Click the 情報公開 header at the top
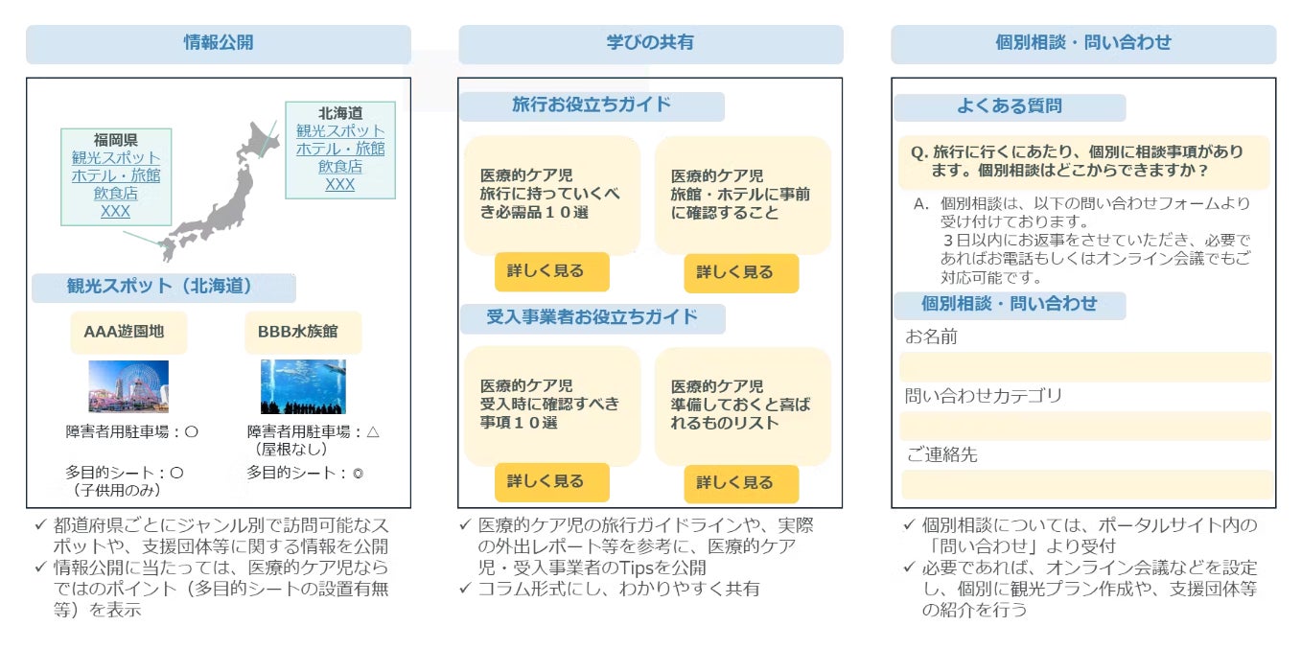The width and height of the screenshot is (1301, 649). pos(219,43)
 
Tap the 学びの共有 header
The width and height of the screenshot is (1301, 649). pos(650,43)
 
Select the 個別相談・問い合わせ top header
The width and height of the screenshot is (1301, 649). pos(1083,43)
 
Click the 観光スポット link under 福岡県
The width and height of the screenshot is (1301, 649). pos(116,158)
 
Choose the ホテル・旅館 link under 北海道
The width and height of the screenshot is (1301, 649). pos(339,149)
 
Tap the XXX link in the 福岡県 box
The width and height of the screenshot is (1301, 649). pos(115,212)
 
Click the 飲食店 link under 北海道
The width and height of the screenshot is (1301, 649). pos(339,167)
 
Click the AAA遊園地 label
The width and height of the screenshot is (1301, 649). pos(125,333)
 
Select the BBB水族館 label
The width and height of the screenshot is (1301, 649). pos(297,333)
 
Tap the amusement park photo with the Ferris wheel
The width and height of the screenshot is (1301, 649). pos(128,386)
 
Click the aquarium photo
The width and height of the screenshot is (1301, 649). pos(303,386)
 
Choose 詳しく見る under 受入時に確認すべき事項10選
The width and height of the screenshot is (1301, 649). pos(551,482)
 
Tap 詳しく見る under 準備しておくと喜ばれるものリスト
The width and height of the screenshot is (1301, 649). pos(740,483)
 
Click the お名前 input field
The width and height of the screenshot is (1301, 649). pos(1084,367)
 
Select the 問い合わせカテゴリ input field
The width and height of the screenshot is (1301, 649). pos(1084,426)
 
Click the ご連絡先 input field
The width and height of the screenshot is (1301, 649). pos(1084,484)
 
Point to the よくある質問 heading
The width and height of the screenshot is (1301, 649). pos(1010,107)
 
